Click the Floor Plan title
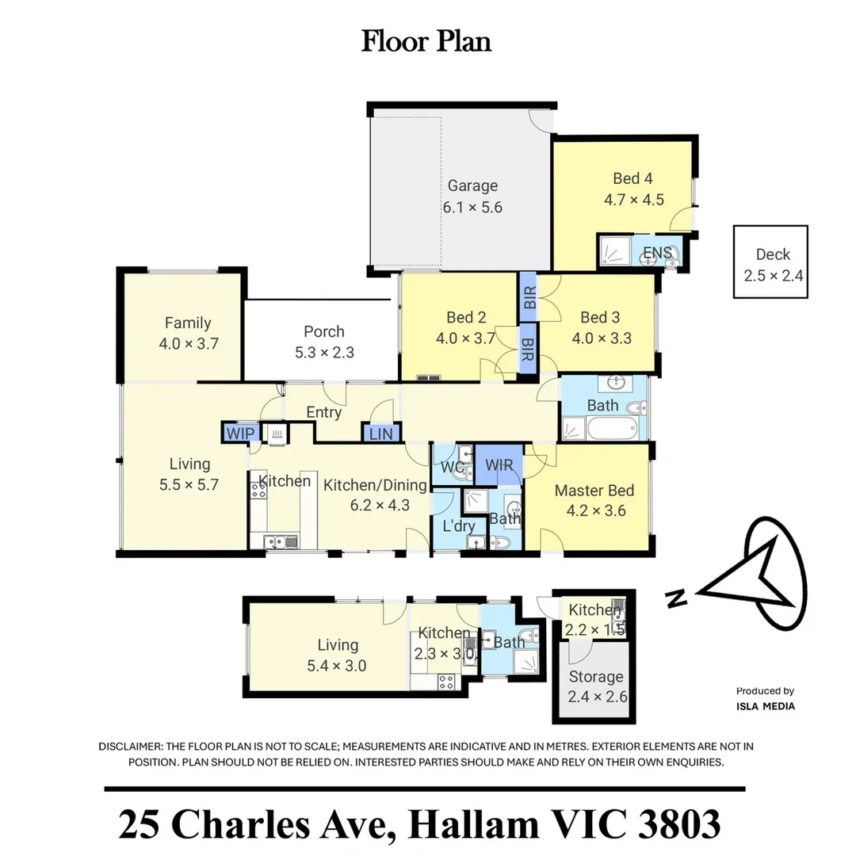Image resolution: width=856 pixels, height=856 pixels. coord(426,41)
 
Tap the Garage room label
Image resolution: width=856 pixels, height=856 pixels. coord(472,185)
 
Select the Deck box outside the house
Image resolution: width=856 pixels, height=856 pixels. coord(770,262)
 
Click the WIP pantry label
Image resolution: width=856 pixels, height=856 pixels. coord(240,434)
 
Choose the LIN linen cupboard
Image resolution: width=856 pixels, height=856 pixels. coord(380,434)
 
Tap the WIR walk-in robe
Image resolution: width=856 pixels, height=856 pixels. coord(499,464)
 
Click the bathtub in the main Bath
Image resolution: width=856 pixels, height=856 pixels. coord(612,428)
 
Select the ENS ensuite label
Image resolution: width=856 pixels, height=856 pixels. coord(657,253)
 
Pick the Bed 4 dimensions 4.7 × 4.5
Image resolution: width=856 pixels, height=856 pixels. coord(634,200)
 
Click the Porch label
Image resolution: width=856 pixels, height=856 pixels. coord(324,331)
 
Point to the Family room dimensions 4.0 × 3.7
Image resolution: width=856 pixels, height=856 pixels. coord(189,344)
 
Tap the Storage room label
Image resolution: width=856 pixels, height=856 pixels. coord(596,677)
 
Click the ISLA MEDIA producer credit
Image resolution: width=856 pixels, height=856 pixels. coord(766,706)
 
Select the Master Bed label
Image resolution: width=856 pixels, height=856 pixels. coord(594,491)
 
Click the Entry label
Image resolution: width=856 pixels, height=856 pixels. coord(323,412)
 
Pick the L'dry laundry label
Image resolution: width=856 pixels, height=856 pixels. coord(459,526)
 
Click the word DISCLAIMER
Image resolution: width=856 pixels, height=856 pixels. coord(129,747)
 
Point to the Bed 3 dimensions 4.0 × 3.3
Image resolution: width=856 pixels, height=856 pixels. coord(602,338)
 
